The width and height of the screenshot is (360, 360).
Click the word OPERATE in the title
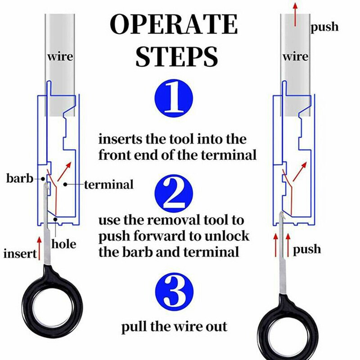pos(174,24)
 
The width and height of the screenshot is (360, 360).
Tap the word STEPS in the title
pos(177,56)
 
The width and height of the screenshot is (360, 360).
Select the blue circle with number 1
pos(174,97)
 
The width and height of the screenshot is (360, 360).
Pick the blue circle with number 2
pos(174,195)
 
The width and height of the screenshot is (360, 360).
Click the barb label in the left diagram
pos(19,179)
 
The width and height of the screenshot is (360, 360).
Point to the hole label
pos(64,244)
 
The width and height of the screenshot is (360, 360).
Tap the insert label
pos(20,254)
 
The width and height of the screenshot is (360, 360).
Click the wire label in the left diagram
pos(60,57)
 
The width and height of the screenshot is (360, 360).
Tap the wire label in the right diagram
pos(296,57)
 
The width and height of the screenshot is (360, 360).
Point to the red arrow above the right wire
pos(295,13)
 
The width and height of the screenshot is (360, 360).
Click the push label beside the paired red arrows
pos(307,249)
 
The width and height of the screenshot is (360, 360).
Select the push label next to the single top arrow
pos(324,27)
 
